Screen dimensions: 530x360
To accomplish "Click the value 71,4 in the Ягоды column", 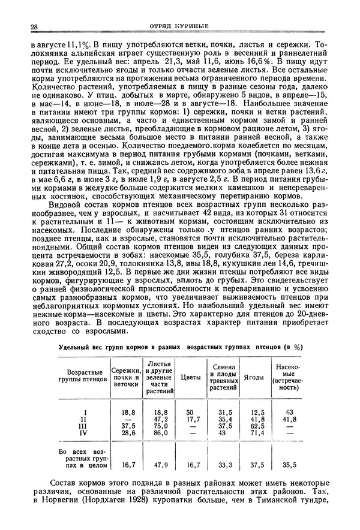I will (257, 432).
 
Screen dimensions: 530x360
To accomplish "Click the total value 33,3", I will (224, 464).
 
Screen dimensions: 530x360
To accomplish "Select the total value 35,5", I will (290, 464).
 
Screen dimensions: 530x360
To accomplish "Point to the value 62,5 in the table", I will (257, 426).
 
